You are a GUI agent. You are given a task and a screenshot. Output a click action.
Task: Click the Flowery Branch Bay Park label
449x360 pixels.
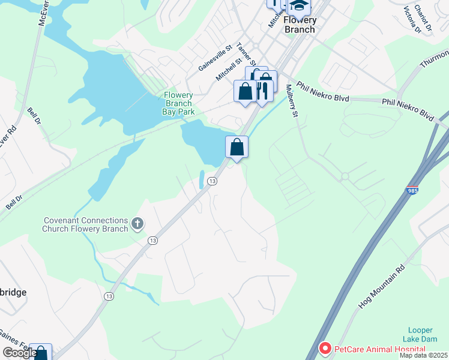178,103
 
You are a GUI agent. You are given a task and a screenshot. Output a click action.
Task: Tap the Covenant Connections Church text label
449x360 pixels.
85,224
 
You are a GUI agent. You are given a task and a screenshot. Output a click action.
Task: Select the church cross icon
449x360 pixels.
137,224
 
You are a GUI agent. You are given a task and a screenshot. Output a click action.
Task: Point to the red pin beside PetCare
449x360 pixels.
325,348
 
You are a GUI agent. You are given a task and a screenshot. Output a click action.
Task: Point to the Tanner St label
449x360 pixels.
246,54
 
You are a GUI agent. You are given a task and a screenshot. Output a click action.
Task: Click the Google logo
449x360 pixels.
20,353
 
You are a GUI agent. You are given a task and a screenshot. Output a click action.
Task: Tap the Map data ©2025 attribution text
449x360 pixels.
423,355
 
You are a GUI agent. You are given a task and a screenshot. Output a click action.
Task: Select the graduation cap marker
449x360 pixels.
298,6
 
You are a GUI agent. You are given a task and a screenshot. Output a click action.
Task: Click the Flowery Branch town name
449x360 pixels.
300,25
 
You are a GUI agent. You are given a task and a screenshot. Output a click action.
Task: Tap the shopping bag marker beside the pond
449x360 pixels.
237,146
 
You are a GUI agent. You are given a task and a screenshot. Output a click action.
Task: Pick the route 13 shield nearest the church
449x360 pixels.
153,240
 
